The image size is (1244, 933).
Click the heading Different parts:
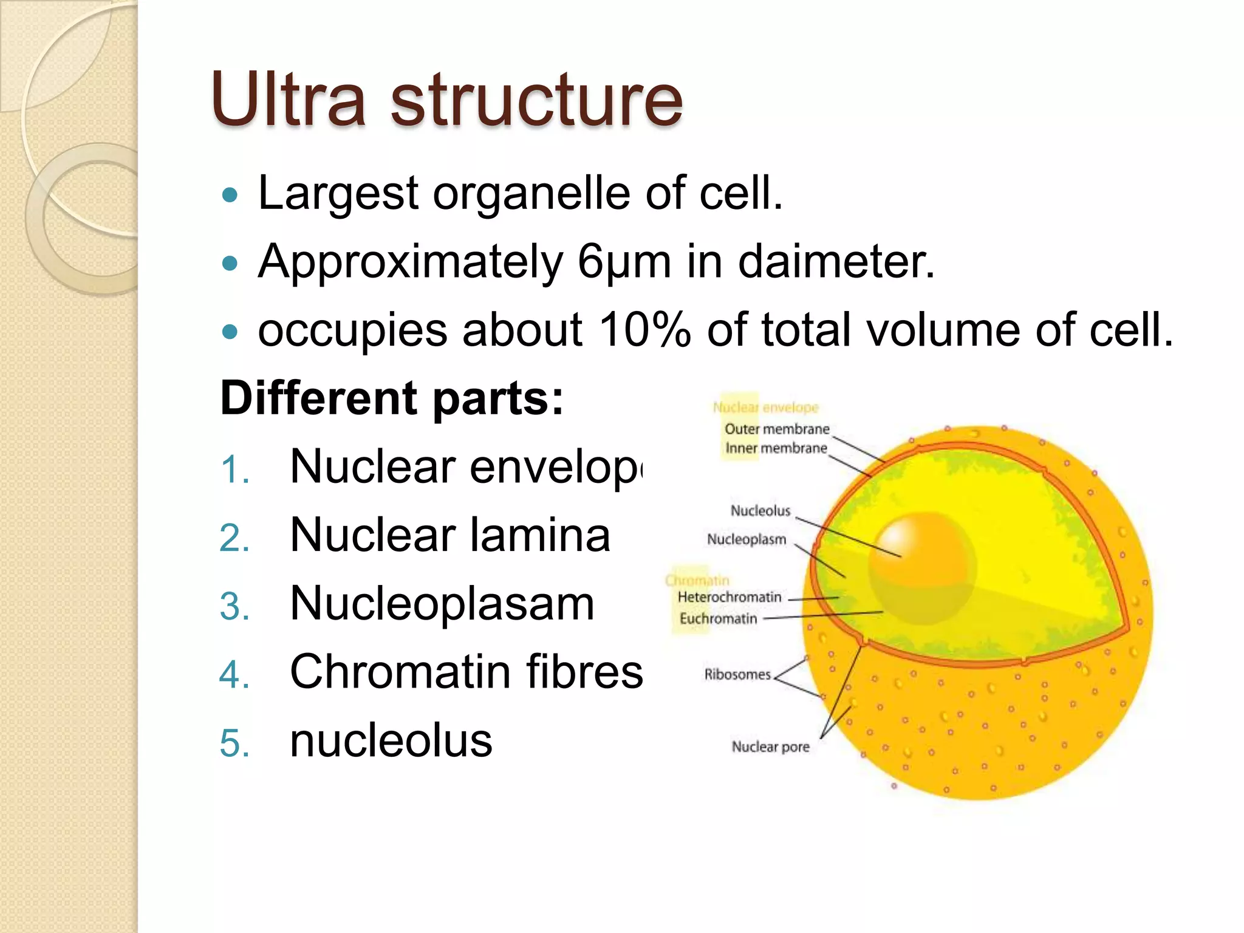click(x=392, y=398)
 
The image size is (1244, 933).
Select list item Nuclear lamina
click(x=449, y=535)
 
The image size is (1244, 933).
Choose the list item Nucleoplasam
click(x=442, y=604)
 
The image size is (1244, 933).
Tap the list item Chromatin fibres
click(x=466, y=672)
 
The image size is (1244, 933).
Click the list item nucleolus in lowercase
click(x=391, y=741)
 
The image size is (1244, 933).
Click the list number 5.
click(x=234, y=743)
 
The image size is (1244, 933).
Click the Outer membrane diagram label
click(x=777, y=429)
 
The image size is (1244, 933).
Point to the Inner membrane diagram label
click(x=776, y=448)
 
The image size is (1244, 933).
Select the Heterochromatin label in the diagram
click(x=730, y=597)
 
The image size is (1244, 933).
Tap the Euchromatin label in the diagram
click(x=718, y=618)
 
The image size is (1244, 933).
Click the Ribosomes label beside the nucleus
click(x=737, y=674)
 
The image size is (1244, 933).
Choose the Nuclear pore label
click(x=770, y=747)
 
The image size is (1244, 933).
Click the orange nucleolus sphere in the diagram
click(x=922, y=559)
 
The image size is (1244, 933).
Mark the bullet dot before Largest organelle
click(x=230, y=196)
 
